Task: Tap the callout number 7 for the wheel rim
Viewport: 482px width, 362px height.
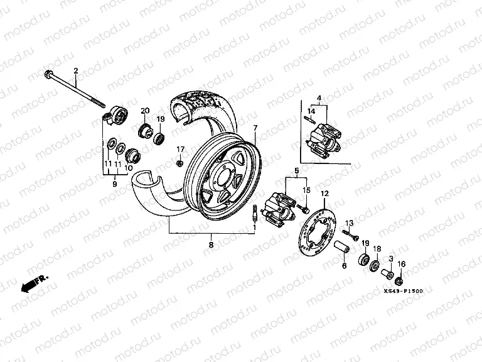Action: click(x=255, y=128)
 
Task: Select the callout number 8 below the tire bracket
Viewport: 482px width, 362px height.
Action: click(x=211, y=244)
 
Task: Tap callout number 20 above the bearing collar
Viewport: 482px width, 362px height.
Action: click(x=144, y=111)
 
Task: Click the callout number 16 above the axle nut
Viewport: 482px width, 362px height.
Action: click(x=402, y=263)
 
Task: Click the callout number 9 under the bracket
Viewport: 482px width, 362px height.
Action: click(x=115, y=184)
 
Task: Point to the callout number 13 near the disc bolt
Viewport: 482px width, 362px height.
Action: click(x=351, y=223)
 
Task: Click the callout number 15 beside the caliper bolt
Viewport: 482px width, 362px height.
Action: click(x=306, y=190)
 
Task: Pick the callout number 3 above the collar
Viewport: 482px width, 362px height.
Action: click(x=390, y=258)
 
